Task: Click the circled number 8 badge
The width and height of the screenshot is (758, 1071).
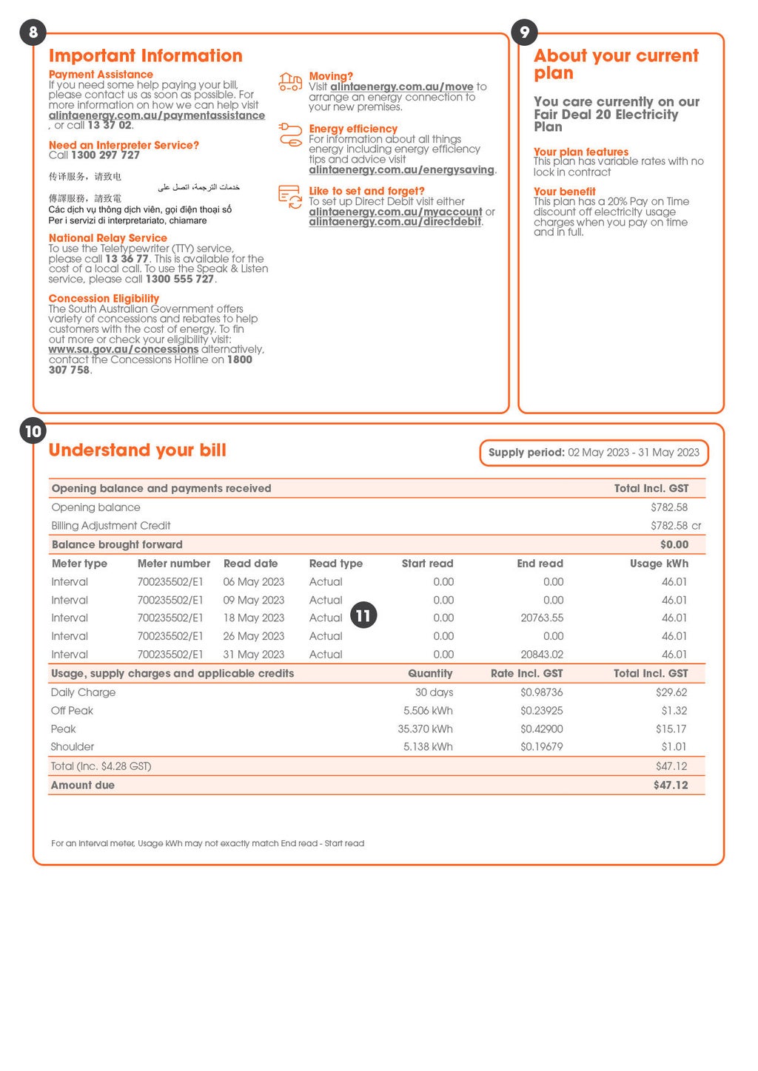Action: click(33, 33)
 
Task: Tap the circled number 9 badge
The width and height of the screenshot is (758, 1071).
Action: click(524, 33)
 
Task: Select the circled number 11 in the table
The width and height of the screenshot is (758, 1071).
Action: click(363, 615)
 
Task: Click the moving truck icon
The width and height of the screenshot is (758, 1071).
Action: click(290, 82)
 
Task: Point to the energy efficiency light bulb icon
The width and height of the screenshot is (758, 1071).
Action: click(290, 135)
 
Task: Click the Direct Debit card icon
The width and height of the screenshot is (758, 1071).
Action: click(290, 197)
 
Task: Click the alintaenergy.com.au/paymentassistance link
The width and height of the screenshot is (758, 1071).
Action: click(156, 115)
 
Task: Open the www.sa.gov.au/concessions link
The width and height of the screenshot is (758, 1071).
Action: click(124, 350)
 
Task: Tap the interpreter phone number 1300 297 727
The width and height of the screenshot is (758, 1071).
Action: click(105, 155)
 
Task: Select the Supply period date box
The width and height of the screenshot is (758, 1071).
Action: click(594, 453)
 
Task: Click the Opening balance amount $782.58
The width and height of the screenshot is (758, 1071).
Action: click(669, 507)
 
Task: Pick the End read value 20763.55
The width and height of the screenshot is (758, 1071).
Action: click(541, 618)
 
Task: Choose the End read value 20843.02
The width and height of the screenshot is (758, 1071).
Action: click(541, 655)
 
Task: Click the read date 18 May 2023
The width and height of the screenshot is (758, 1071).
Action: click(254, 618)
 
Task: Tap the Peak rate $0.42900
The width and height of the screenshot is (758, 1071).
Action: click(541, 729)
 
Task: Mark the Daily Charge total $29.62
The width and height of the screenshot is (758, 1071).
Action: click(671, 693)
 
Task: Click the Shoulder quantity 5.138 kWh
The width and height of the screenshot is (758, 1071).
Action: click(428, 747)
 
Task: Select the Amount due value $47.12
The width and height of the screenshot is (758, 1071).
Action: click(670, 785)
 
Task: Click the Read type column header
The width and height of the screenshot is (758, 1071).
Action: click(336, 564)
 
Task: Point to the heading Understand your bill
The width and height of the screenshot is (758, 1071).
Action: click(138, 450)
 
